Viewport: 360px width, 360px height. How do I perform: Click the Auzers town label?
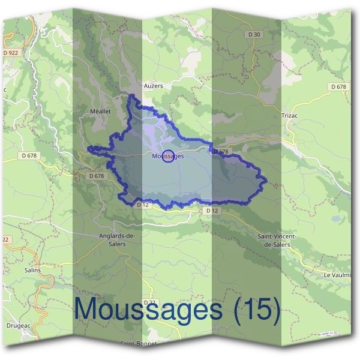coord(154,86)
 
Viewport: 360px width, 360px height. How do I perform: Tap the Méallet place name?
coord(101,112)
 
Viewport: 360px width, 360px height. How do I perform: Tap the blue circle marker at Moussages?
coord(169,156)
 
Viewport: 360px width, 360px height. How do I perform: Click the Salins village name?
coord(32,270)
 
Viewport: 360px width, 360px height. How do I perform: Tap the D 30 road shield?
coord(254,34)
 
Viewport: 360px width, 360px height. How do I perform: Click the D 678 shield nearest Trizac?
coord(338,87)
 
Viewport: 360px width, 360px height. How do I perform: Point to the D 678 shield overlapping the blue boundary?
coord(221,152)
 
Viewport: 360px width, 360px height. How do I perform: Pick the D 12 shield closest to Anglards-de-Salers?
coord(142,205)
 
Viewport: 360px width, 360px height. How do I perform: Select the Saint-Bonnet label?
coord(139,344)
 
